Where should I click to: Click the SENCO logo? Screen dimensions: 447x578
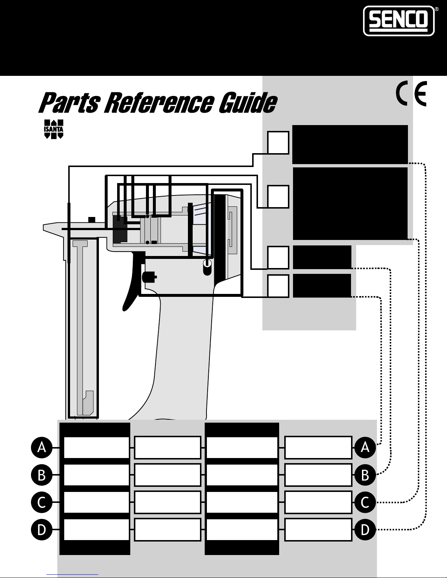(x=398, y=21)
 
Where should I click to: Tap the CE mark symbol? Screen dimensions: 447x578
(x=411, y=94)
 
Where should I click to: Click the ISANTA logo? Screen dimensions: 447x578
(x=54, y=129)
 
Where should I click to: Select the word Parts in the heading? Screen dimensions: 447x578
(x=70, y=102)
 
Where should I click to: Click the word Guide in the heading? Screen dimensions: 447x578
(x=248, y=102)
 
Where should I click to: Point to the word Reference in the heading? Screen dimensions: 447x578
(x=159, y=102)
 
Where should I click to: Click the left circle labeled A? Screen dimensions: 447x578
(x=42, y=448)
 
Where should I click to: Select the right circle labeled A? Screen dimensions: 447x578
(x=365, y=448)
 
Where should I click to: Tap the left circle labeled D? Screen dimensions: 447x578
(x=42, y=529)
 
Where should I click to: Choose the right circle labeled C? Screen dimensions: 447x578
(x=365, y=503)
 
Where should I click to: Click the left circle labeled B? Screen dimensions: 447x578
(x=42, y=475)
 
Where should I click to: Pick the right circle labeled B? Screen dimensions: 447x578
(x=365, y=475)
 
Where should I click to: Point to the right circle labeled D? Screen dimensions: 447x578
(x=365, y=529)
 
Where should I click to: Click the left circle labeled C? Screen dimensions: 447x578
(x=42, y=503)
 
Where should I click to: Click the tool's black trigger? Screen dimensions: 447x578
(x=132, y=282)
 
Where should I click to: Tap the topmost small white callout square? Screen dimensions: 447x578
(x=278, y=143)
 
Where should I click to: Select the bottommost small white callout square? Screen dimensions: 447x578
(x=278, y=286)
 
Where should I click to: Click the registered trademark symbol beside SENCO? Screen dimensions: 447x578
(x=437, y=9)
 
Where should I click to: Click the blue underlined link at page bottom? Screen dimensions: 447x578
(x=72, y=574)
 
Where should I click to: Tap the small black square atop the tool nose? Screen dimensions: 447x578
(x=92, y=220)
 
